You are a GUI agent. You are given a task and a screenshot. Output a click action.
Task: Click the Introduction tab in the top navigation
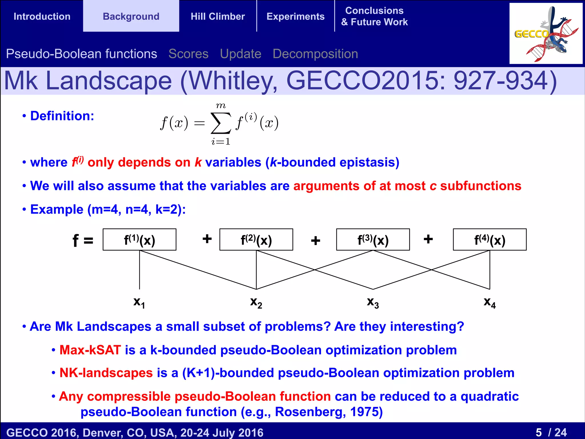(42, 16)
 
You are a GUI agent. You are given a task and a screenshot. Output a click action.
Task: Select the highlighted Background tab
(131, 16)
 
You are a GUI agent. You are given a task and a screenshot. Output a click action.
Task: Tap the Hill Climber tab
(218, 16)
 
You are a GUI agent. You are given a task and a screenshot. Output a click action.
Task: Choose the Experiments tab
(295, 16)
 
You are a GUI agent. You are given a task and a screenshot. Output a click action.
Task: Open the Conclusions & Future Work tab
(374, 16)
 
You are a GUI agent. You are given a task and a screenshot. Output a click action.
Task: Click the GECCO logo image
(546, 33)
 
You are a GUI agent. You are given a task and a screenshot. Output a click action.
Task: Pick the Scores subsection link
(189, 54)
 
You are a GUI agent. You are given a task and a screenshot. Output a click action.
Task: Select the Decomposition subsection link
(315, 54)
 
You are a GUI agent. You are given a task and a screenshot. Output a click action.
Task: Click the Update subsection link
(241, 54)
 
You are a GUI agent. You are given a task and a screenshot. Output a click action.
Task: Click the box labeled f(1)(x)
(139, 240)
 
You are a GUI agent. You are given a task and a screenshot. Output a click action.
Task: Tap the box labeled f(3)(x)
(373, 240)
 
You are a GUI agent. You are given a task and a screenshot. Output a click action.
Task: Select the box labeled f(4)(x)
(490, 240)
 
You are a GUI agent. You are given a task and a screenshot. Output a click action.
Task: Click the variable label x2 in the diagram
(256, 302)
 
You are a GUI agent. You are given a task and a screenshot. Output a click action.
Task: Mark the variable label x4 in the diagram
(490, 302)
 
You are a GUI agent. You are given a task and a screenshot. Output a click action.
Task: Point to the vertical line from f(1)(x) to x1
(139, 270)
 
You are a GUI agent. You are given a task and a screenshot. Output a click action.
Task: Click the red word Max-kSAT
(90, 350)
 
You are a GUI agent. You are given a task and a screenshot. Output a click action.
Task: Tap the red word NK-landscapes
(106, 373)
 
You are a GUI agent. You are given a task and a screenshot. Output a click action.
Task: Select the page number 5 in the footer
(539, 432)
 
